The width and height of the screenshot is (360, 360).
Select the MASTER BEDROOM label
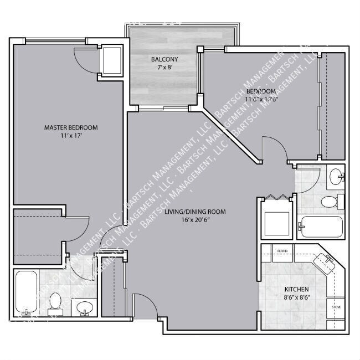tap(67, 127)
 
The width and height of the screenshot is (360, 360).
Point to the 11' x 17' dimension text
tap(67, 136)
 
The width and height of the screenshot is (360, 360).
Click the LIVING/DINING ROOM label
tap(195, 212)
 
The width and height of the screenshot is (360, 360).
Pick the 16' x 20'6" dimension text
tap(195, 220)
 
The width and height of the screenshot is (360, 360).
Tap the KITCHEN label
tap(296, 290)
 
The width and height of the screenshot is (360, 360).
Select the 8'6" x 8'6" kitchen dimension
tap(296, 297)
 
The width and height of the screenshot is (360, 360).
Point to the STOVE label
tap(336, 306)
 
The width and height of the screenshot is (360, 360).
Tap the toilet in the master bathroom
tap(55, 302)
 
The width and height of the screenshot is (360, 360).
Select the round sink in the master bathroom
tap(84, 306)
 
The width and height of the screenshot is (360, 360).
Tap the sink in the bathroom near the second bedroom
tap(336, 178)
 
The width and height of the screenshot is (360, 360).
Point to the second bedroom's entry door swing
tap(275, 150)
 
